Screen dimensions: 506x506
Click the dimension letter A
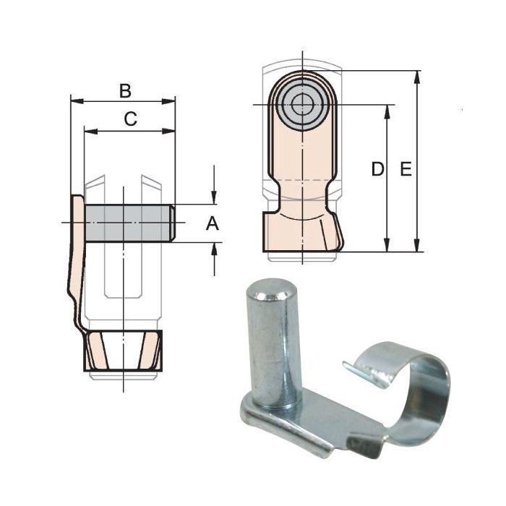pos(212,224)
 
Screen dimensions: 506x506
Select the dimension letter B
pos(125,91)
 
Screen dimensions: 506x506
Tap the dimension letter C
pos(130,120)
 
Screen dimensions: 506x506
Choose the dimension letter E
pos(406,169)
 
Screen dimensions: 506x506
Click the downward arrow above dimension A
pos(214,197)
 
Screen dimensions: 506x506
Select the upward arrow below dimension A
pos(214,249)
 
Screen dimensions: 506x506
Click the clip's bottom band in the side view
pos(122,351)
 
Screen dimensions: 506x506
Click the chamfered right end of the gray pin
pos(172,223)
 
